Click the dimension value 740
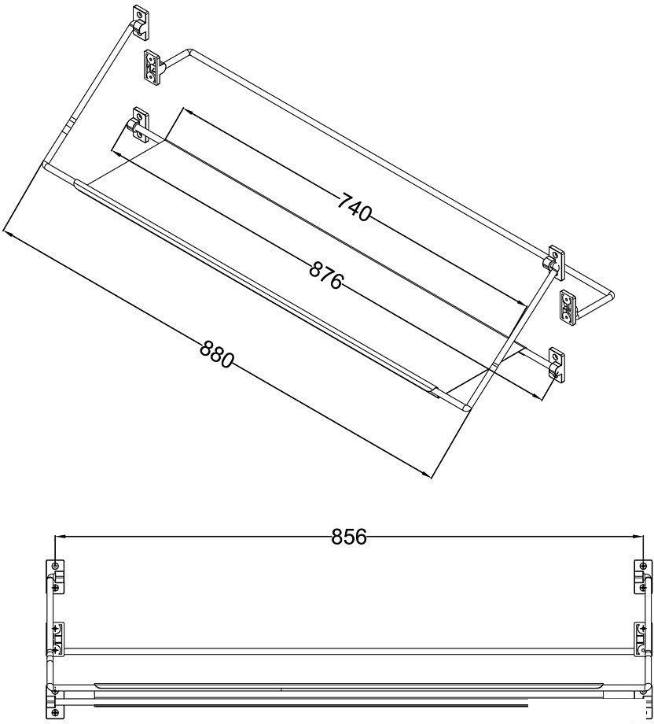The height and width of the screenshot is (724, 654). (x=354, y=209)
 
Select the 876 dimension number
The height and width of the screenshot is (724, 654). (x=326, y=275)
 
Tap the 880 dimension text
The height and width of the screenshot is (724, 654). (x=217, y=354)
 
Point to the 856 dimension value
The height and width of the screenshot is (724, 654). (x=349, y=537)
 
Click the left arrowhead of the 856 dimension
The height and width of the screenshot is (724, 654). (x=60, y=537)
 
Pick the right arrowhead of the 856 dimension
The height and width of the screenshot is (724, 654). (x=637, y=537)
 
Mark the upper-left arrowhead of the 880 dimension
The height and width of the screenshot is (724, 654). (x=9, y=233)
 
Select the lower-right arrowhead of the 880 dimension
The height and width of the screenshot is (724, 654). (x=426, y=473)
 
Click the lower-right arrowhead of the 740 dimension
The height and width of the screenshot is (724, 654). (x=520, y=302)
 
